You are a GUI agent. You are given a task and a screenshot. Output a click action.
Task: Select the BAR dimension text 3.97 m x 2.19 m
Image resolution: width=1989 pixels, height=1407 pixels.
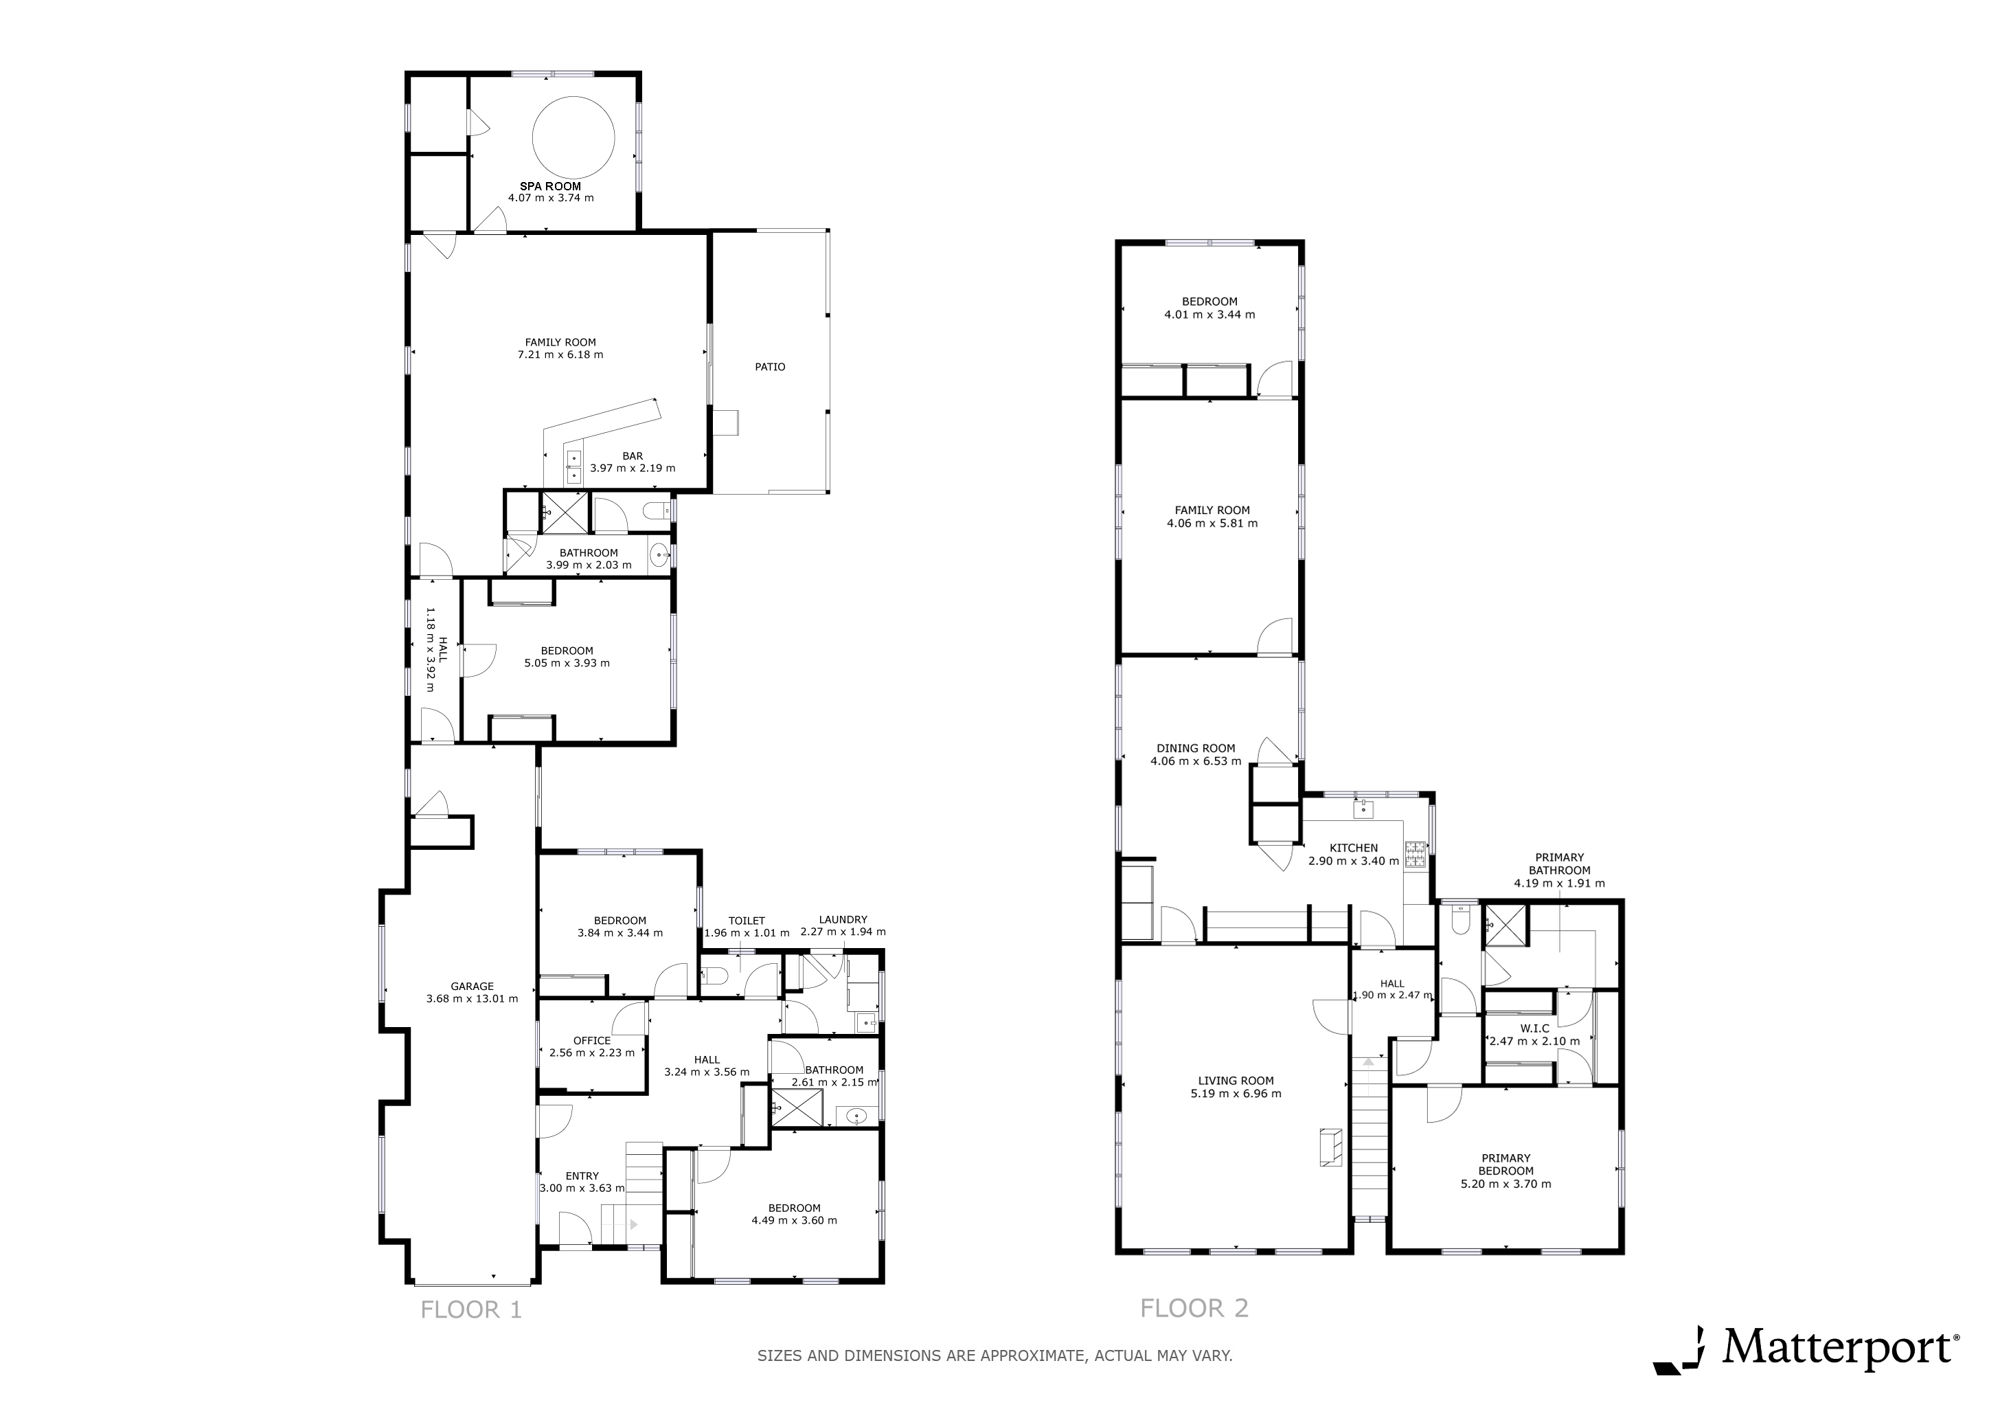point(633,469)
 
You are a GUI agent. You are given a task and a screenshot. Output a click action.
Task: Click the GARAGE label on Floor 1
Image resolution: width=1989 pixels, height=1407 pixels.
point(472,986)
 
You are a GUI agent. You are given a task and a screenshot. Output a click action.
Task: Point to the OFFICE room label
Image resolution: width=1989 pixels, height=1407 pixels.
point(591,1041)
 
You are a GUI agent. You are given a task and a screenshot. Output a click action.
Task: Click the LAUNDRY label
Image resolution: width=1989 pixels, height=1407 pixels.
point(843,920)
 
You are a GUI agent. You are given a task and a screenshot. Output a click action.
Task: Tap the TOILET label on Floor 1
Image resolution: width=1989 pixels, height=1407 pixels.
point(747,921)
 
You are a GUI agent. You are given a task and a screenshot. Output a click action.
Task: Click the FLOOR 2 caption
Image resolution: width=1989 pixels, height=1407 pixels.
point(1194,1307)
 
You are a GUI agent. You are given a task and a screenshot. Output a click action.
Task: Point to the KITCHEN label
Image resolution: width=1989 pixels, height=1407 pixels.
point(1354,848)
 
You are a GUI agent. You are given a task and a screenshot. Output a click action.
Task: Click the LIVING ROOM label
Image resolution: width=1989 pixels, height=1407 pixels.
point(1236,1081)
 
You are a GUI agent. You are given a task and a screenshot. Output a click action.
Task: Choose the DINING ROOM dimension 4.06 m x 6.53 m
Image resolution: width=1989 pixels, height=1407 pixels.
point(1196,761)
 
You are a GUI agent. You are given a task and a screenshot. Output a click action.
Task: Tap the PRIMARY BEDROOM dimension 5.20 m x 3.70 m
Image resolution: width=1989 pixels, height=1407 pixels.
point(1505,1184)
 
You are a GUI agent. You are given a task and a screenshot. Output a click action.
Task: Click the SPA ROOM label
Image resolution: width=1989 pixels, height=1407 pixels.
point(551,186)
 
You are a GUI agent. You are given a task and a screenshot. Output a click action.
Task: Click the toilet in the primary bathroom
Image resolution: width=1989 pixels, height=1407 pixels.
point(1462,921)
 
